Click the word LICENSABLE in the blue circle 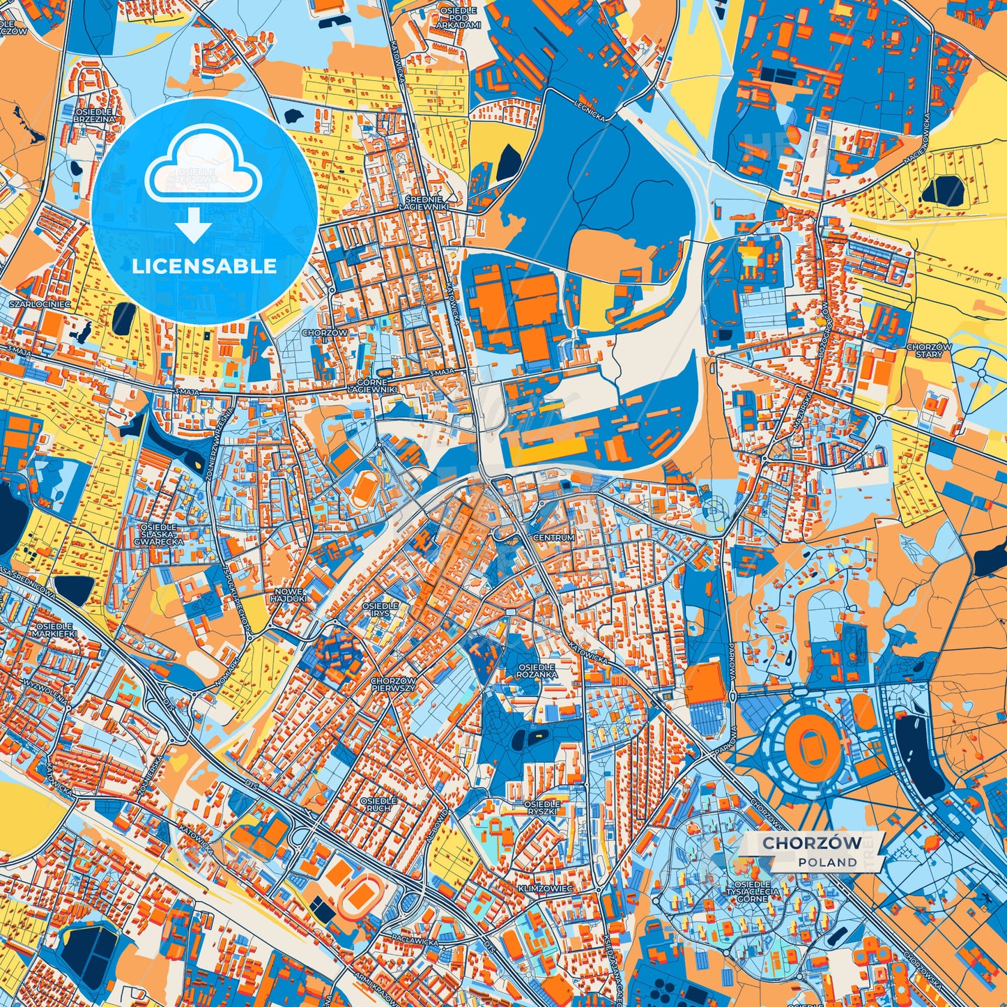tap(204, 266)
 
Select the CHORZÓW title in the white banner tap(811, 843)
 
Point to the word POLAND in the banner tap(828, 862)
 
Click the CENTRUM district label tap(553, 538)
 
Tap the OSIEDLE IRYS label tap(380, 610)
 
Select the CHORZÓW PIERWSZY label tap(393, 684)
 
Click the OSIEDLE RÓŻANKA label tap(537, 671)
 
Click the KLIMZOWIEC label tap(544, 889)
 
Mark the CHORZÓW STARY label tap(929, 351)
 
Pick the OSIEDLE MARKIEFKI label tap(54, 630)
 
